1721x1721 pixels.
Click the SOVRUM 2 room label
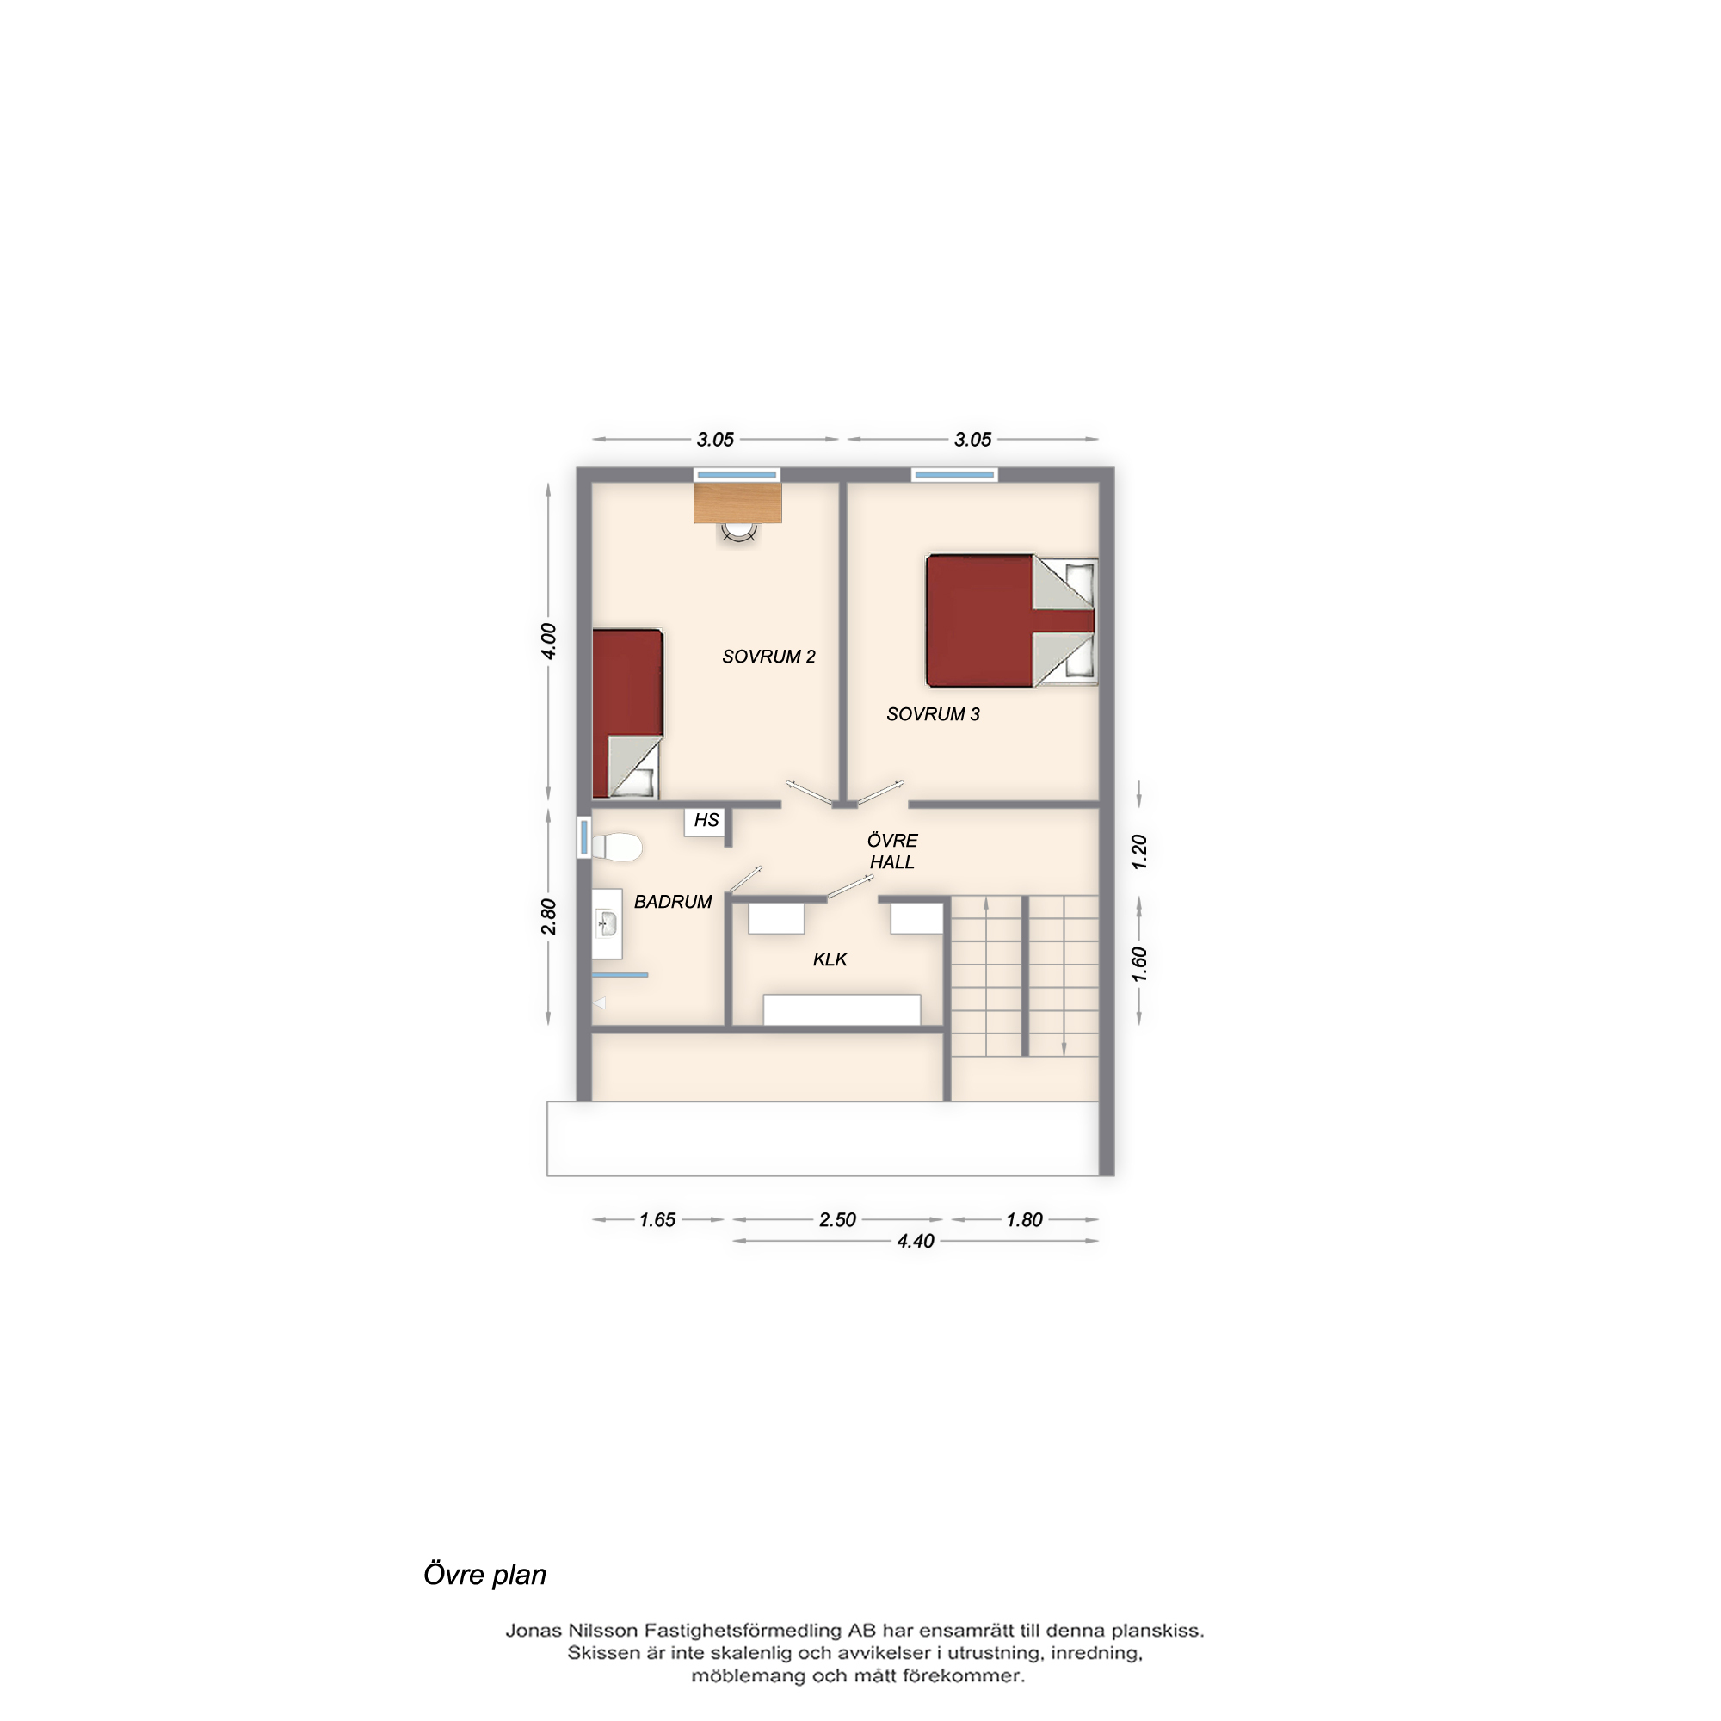[x=768, y=657]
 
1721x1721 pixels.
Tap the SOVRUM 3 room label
[x=933, y=714]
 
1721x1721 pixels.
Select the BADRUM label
[x=673, y=902]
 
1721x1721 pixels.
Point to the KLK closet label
[x=830, y=959]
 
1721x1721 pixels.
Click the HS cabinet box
[x=706, y=820]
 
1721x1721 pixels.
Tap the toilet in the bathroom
[x=616, y=847]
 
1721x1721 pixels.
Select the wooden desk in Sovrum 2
[x=737, y=503]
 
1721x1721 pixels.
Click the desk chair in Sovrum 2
[x=738, y=532]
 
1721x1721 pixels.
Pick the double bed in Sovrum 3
[x=1012, y=621]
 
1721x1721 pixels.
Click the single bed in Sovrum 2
[x=627, y=712]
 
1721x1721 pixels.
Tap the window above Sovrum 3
[x=954, y=475]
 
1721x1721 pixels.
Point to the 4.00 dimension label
[x=549, y=641]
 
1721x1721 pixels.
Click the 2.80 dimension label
[x=549, y=916]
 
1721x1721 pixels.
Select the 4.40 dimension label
[x=916, y=1241]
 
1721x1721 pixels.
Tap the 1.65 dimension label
[x=657, y=1219]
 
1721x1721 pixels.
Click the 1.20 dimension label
[x=1139, y=853]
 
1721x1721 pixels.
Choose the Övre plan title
[x=484, y=1575]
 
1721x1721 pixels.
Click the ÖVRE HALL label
[x=891, y=851]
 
